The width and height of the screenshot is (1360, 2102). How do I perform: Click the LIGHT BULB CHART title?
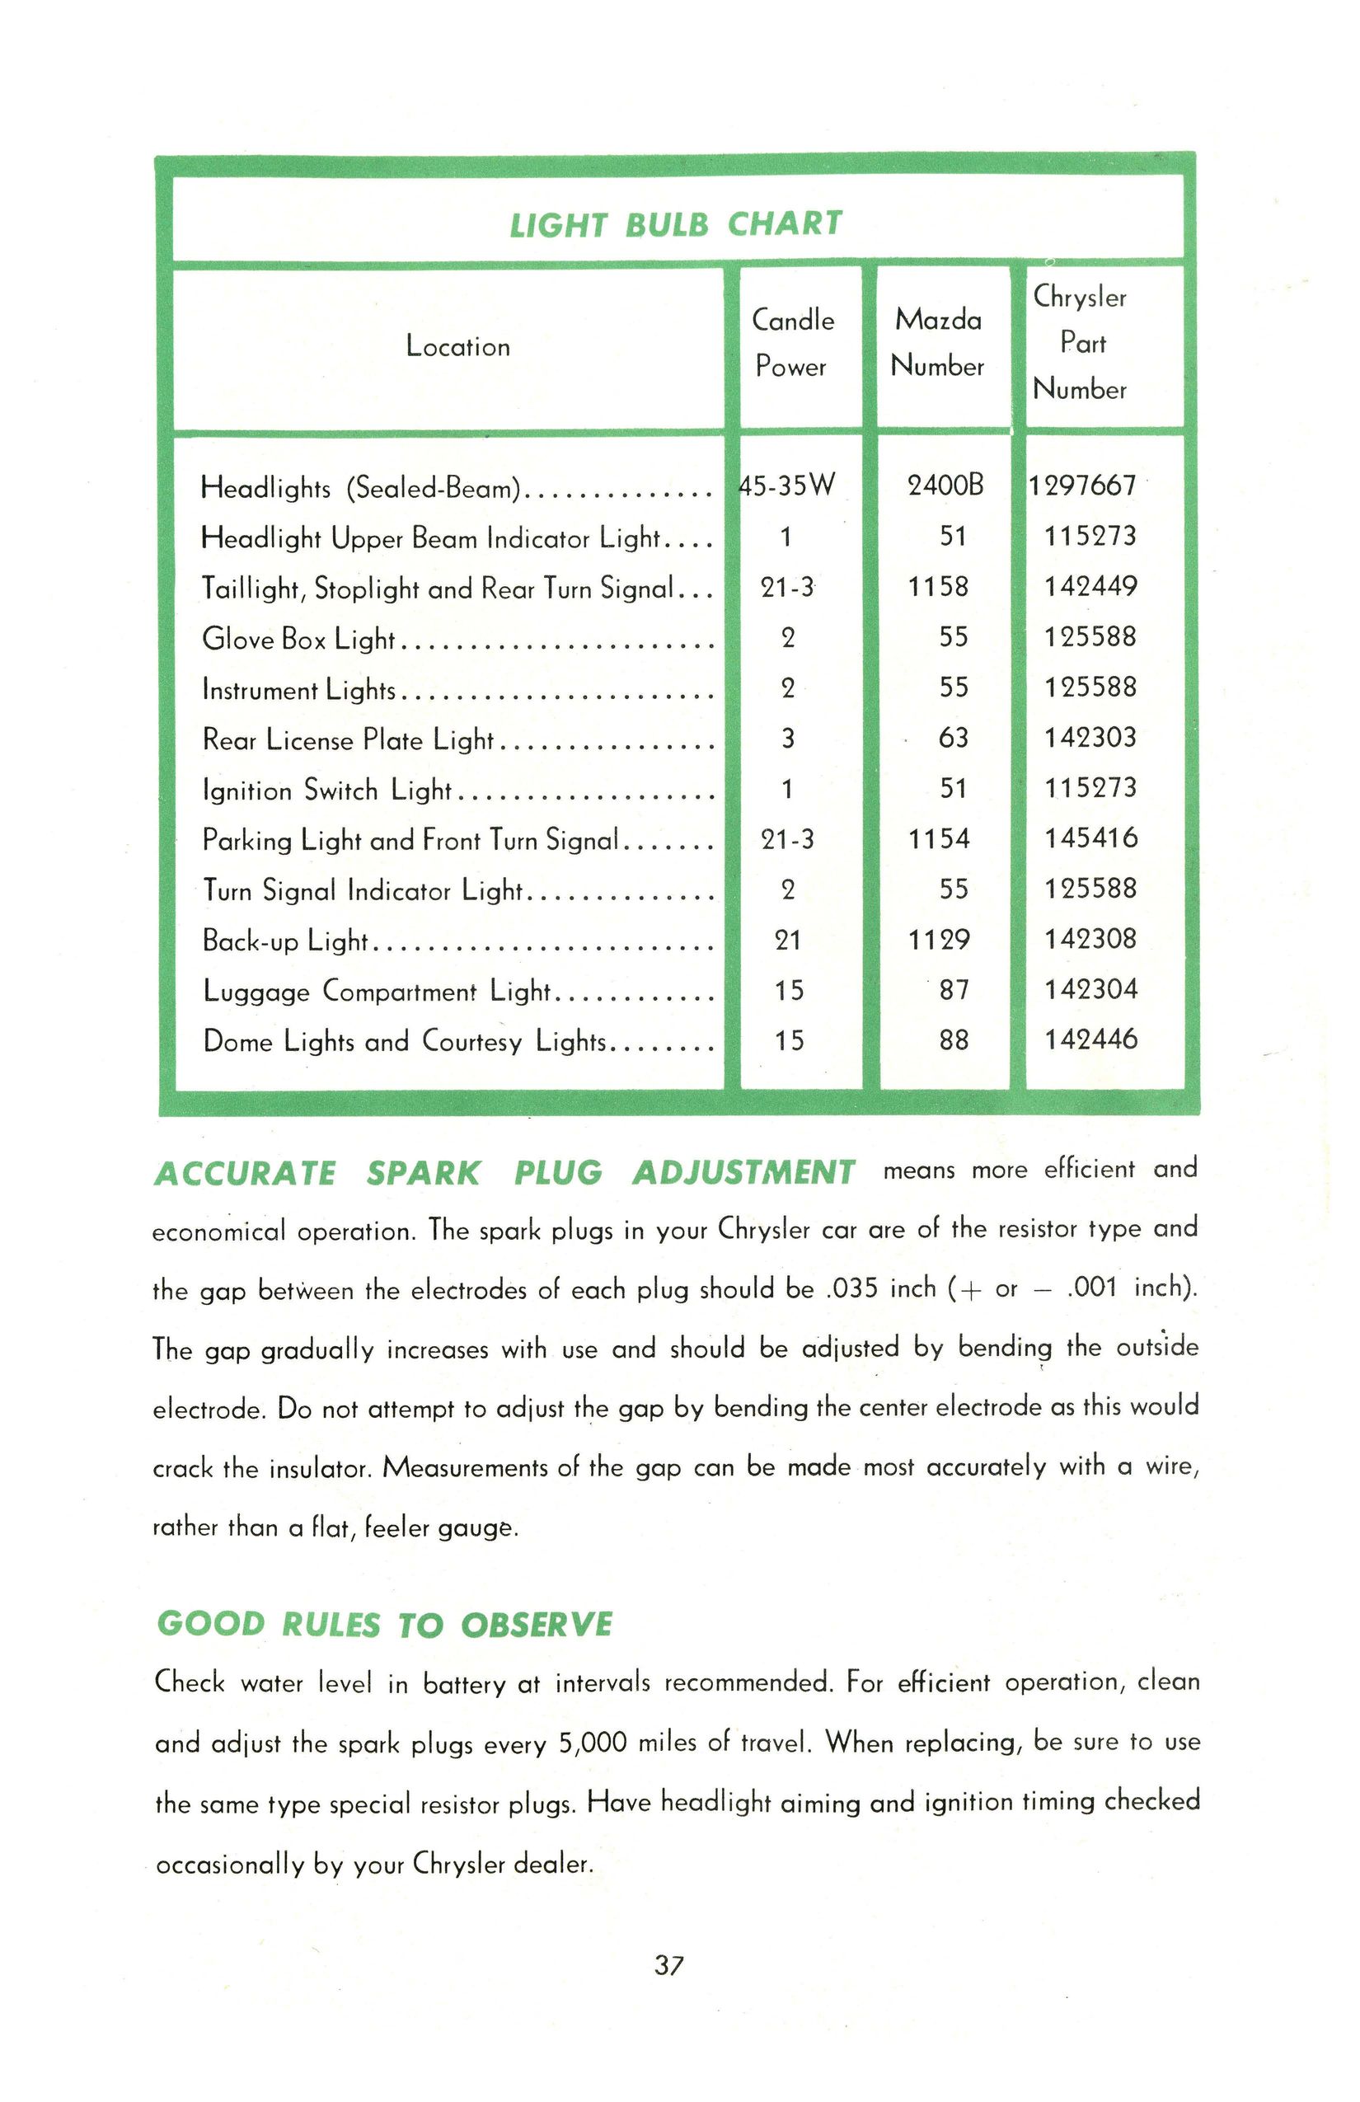coord(676,224)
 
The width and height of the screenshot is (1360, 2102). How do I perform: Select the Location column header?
coord(457,347)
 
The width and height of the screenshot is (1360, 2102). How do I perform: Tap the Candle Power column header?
coord(792,344)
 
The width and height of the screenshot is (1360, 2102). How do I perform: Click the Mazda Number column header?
coord(938,344)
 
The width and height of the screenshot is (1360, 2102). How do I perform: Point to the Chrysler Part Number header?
coord(1080,344)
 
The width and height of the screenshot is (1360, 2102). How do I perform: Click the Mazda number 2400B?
coord(945,486)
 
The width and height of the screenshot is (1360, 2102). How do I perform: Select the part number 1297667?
coord(1083,486)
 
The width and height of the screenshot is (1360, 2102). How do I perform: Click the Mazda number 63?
coord(953,738)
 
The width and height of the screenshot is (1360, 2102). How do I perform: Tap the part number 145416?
coord(1090,838)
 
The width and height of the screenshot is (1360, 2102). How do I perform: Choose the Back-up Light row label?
coord(284,941)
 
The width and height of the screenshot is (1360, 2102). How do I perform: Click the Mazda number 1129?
coord(939,939)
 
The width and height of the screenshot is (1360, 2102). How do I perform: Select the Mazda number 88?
coord(954,1040)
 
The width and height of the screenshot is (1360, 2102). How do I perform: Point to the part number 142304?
coord(1090,989)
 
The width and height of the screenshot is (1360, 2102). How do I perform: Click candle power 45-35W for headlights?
coord(787,486)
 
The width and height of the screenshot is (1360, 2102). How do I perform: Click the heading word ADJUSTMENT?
coord(743,1174)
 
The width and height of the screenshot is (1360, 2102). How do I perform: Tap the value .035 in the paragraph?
coord(850,1289)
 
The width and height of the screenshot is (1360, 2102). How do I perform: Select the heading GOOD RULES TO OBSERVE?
coord(384,1625)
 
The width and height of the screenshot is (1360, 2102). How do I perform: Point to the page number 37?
coord(669,1966)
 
